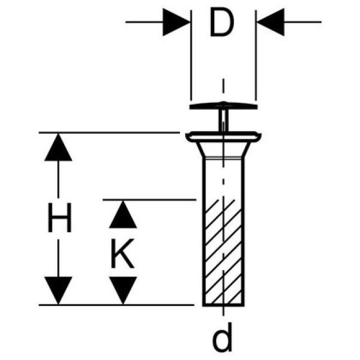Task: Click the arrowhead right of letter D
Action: click(x=269, y=22)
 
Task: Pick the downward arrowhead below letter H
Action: click(x=58, y=290)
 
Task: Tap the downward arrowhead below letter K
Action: click(x=123, y=290)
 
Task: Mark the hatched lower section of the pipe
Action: click(x=224, y=253)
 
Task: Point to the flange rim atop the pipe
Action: click(x=223, y=136)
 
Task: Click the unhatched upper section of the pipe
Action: click(x=224, y=177)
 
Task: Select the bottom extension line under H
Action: click(x=112, y=305)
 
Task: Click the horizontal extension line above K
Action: click(x=149, y=199)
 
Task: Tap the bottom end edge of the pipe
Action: click(x=224, y=305)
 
